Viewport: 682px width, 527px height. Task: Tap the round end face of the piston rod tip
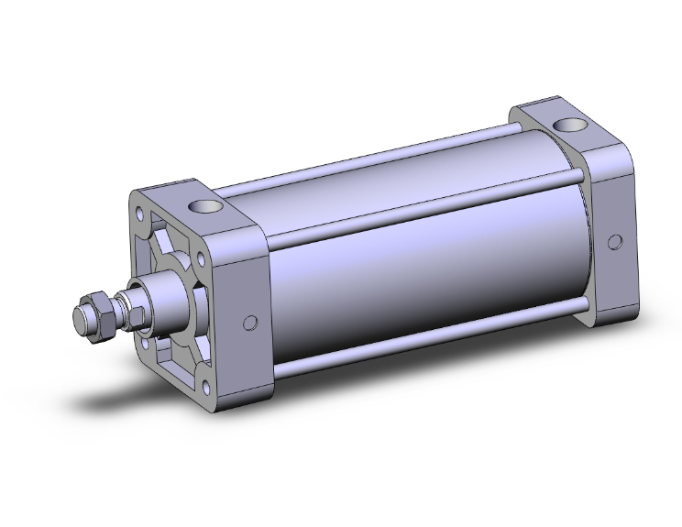click(x=80, y=318)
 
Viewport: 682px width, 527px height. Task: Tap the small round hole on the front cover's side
click(x=248, y=324)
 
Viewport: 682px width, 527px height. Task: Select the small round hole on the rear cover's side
click(x=615, y=241)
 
